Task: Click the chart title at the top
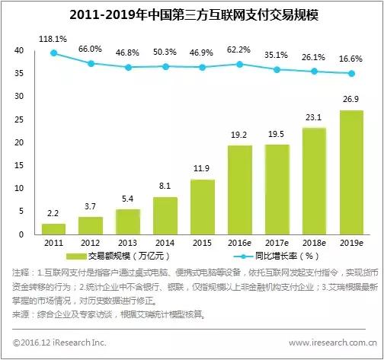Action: pyautogui.click(x=192, y=14)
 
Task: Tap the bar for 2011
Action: pyautogui.click(x=53, y=228)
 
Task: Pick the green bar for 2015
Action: pyautogui.click(x=203, y=206)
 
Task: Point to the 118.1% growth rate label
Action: pyautogui.click(x=53, y=37)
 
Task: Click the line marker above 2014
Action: pyautogui.click(x=165, y=67)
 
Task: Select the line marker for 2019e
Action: pyautogui.click(x=351, y=74)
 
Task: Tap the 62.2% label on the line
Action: pyautogui.click(x=239, y=49)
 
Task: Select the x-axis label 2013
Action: pyautogui.click(x=128, y=244)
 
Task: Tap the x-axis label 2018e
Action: pyautogui.click(x=314, y=244)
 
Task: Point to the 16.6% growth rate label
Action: pyautogui.click(x=351, y=58)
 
